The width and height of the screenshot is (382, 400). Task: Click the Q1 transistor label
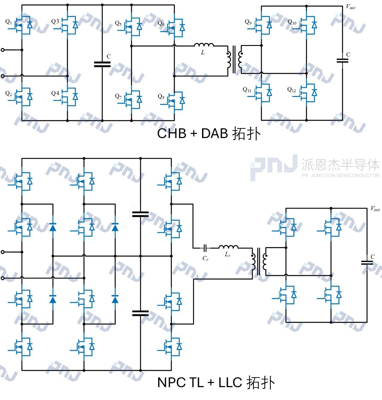pos(9,22)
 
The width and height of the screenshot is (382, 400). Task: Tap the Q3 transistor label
pos(55,21)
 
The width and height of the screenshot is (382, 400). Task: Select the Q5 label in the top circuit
pos(118,23)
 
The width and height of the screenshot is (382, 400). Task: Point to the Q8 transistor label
pos(161,96)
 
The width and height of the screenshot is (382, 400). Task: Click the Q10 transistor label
pos(292,22)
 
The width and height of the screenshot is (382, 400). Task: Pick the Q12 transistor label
pos(292,89)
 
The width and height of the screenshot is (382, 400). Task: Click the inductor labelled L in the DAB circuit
pos(204,45)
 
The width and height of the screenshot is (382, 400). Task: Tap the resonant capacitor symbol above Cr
pos(205,248)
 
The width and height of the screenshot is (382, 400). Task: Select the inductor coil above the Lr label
pos(228,247)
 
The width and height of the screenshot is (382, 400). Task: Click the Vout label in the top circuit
pos(351,7)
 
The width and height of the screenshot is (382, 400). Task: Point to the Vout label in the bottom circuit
pos(375,209)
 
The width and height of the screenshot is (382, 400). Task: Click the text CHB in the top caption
pos(172,133)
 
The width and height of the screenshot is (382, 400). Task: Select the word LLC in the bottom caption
pos(230,382)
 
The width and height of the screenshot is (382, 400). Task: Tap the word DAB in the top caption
pos(215,133)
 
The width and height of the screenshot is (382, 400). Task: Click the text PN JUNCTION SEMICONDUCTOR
pos(341,175)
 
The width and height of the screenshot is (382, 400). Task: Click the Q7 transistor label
pos(118,96)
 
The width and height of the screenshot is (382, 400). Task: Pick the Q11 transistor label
pos(247,89)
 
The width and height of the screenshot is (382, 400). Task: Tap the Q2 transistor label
pos(9,94)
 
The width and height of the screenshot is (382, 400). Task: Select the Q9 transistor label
pos(248,22)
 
